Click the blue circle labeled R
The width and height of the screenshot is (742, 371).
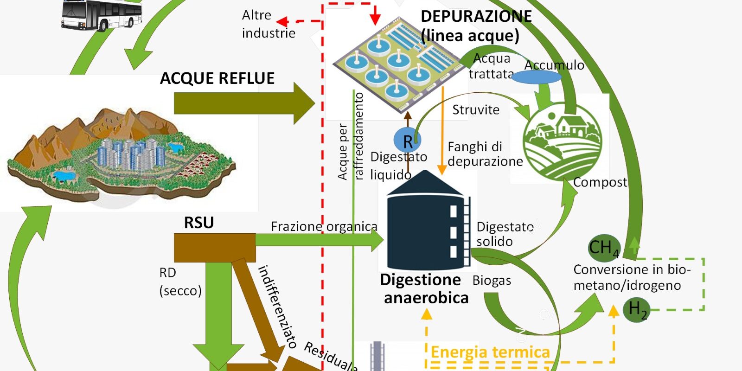coord(407,140)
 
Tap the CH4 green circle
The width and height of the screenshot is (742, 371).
coord(603,248)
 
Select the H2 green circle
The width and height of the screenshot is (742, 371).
coord(636,310)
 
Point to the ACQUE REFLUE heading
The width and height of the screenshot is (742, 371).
coord(217,78)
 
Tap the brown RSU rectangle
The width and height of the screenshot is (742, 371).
coord(214,248)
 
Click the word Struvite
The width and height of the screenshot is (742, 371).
coord(476,110)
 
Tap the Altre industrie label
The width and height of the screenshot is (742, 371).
coord(268,24)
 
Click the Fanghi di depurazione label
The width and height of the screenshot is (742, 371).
coord(485,154)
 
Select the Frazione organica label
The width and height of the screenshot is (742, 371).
coord(324,226)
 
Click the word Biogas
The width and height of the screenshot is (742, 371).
coord(492,281)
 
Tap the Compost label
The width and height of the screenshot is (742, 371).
coord(600,182)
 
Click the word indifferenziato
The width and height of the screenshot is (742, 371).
coord(277,306)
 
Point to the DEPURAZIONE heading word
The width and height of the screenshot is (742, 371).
coord(476,16)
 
